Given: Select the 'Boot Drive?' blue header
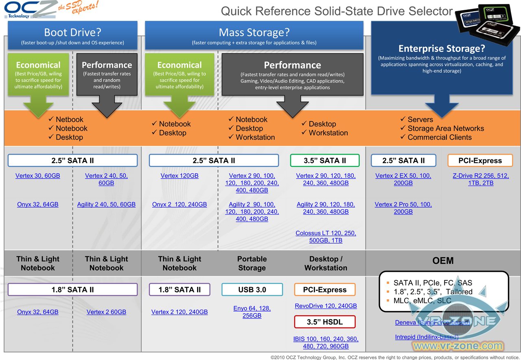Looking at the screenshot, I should click(72, 33).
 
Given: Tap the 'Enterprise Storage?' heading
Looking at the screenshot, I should click(442, 49).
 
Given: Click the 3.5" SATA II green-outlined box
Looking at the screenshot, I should click(325, 161).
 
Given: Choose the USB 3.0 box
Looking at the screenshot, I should click(252, 290).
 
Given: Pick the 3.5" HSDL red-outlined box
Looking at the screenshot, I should click(325, 322).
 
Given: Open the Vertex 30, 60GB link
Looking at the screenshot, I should click(38, 176).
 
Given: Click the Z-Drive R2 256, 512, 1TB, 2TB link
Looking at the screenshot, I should click(481, 179).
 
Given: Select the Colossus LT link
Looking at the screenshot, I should click(326, 237).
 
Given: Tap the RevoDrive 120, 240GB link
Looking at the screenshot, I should click(326, 305).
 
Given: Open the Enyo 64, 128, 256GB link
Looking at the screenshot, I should click(252, 312).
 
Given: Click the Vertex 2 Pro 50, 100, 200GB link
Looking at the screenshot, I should click(403, 208).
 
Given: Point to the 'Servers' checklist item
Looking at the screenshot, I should click(420, 120).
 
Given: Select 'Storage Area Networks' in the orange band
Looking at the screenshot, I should click(446, 129).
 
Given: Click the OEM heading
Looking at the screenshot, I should click(443, 261).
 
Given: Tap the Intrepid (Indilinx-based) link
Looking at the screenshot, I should click(427, 337).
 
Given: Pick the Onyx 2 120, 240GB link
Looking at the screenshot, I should click(180, 204).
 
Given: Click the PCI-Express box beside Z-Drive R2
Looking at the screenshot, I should click(480, 161).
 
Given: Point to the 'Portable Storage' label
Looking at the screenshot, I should click(252, 263).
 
